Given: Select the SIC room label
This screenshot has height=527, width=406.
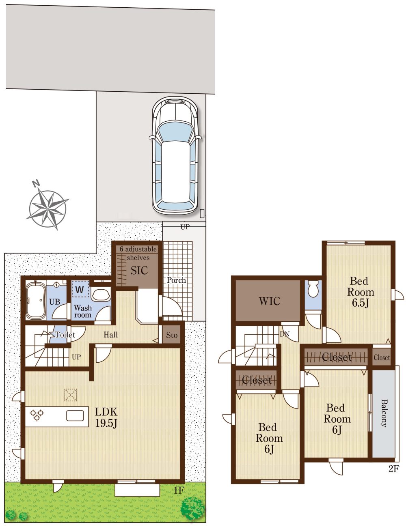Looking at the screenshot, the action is click(139, 271).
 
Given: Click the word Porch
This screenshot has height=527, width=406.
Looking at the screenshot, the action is click(176, 280).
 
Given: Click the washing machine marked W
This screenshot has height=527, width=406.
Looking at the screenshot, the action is click(80, 289).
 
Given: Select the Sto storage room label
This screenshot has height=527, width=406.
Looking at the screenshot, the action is click(172, 335).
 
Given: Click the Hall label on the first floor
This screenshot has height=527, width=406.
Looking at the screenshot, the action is click(111, 335).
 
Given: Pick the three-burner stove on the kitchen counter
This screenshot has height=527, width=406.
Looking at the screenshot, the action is click(37, 415).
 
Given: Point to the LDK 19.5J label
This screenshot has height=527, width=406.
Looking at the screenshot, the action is click(106, 417).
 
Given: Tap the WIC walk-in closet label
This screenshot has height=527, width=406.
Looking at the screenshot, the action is click(270, 301).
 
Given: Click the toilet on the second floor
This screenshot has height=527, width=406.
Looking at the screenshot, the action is click(313, 288).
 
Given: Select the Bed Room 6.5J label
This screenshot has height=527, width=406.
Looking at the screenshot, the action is click(361, 292).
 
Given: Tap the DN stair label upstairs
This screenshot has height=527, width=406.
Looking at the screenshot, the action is click(285, 334).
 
